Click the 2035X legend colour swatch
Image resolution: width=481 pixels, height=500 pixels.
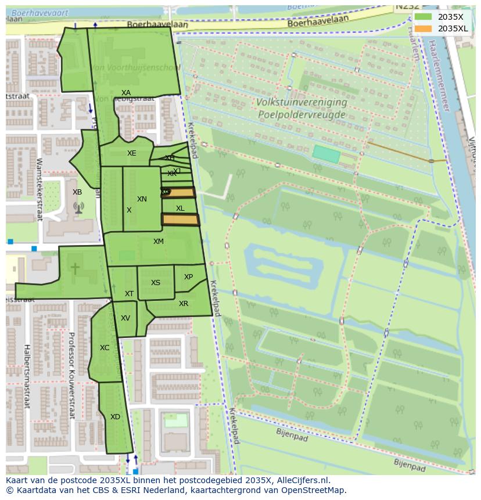tap(423, 17)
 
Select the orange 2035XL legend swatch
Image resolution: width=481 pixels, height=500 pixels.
tap(423, 28)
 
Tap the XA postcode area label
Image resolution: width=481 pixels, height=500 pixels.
tap(126, 93)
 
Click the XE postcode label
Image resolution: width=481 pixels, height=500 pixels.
tap(132, 153)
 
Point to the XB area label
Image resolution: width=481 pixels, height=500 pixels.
tap(77, 192)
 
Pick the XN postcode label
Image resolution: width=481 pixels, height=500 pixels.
tap(142, 199)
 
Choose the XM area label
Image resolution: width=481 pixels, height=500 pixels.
tap(159, 242)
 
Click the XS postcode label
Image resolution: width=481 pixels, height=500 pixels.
tap(156, 283)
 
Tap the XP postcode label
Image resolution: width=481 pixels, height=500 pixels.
tap(188, 277)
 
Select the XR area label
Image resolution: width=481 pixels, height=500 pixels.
tap(184, 304)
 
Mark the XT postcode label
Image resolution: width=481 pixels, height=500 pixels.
tap(129, 294)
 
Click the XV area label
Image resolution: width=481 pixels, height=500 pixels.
tap(125, 318)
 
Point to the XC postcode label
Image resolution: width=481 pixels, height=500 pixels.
tap(105, 348)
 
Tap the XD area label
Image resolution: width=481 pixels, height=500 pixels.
tap(115, 417)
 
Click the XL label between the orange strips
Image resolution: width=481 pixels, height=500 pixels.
tap(180, 208)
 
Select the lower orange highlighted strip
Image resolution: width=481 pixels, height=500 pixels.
tap(180, 220)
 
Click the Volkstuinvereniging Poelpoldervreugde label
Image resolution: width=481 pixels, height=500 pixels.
tap(301, 108)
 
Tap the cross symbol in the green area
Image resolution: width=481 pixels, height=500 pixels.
tap(75, 268)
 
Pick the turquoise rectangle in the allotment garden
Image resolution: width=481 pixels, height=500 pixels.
tap(326, 154)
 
